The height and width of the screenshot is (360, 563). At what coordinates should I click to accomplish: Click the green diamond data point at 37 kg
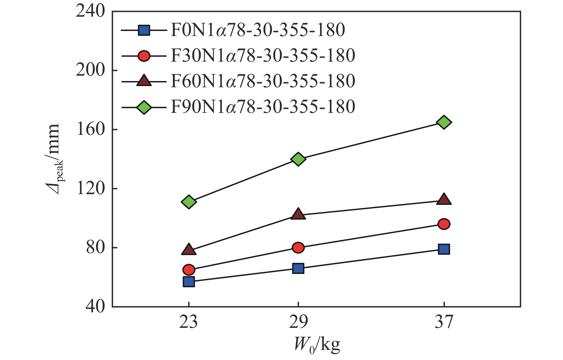click(444, 122)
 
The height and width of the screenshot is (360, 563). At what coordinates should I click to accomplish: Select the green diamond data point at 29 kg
click(298, 159)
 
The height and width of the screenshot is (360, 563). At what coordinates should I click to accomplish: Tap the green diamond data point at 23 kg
click(189, 202)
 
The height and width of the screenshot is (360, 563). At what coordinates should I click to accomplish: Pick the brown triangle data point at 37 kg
click(444, 200)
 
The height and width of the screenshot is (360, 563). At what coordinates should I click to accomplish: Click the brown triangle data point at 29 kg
click(298, 214)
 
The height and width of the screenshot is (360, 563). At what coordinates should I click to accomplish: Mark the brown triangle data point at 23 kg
click(189, 250)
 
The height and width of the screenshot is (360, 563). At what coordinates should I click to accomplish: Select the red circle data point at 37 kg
click(444, 224)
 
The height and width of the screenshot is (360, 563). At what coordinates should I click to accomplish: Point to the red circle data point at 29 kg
click(298, 247)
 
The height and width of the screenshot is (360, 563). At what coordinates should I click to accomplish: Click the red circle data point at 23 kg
click(189, 269)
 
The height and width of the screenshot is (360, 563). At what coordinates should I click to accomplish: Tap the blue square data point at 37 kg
click(444, 249)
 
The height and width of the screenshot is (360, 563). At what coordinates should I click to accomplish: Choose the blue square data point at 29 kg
click(298, 268)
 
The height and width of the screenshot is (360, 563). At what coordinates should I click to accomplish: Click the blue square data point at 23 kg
click(189, 281)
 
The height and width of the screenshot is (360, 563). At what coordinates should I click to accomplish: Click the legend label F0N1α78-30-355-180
click(258, 30)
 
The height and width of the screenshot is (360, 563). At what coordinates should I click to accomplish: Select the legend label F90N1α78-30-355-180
click(263, 107)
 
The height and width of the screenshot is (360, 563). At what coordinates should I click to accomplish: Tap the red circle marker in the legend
click(144, 56)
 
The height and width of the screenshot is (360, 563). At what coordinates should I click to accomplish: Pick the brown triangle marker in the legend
click(144, 81)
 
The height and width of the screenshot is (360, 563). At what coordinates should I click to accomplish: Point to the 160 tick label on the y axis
click(91, 130)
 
